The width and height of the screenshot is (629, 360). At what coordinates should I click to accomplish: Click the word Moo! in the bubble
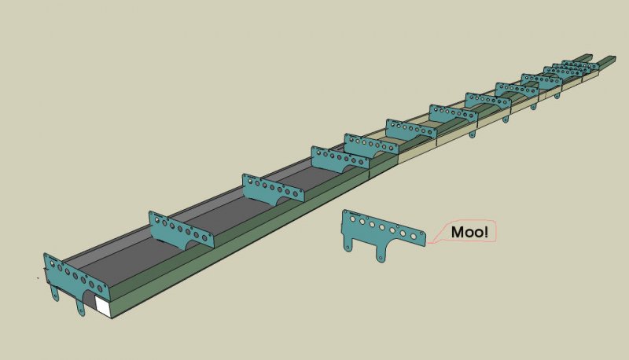(469, 232)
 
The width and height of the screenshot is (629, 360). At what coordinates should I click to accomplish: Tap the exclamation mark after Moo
(486, 232)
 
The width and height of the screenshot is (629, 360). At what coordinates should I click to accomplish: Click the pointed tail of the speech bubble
(429, 243)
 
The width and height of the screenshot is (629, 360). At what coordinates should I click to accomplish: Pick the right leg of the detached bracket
(380, 253)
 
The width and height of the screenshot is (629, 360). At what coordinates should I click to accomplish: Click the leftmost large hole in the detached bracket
(352, 219)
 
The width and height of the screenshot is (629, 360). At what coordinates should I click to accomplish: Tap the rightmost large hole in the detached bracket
(414, 236)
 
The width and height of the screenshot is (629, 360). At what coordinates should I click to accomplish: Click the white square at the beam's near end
(103, 307)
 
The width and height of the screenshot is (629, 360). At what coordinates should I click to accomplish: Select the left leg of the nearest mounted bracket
(54, 292)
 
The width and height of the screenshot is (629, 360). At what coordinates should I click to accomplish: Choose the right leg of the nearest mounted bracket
(80, 307)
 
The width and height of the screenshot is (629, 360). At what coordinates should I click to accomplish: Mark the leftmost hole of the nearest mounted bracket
(52, 263)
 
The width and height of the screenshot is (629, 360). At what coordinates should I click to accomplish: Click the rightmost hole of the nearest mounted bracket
(100, 288)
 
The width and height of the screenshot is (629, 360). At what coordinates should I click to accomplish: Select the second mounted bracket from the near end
(182, 230)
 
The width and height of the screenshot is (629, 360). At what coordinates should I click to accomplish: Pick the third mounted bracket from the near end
(273, 188)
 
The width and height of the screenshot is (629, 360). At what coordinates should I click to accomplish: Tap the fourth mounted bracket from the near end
(340, 160)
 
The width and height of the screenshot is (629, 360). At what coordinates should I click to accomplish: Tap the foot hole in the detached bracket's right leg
(380, 258)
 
